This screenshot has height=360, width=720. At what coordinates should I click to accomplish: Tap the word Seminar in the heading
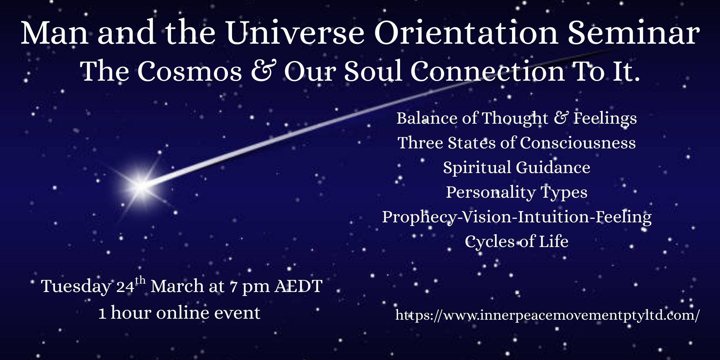(633, 33)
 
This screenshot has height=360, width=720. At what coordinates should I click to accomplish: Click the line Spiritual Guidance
(517, 167)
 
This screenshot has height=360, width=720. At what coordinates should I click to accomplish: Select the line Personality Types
(517, 192)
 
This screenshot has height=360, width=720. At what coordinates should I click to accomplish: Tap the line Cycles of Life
(517, 241)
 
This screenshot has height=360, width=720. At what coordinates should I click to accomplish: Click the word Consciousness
(578, 143)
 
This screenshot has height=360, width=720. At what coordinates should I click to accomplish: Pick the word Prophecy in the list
(419, 217)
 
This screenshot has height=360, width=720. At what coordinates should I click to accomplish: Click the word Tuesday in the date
(76, 286)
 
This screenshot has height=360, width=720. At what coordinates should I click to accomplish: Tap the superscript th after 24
(140, 280)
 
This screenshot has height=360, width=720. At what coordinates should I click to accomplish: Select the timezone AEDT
(298, 286)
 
